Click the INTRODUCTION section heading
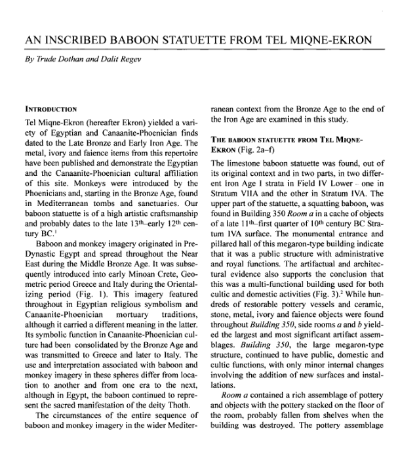[x=50, y=108]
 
